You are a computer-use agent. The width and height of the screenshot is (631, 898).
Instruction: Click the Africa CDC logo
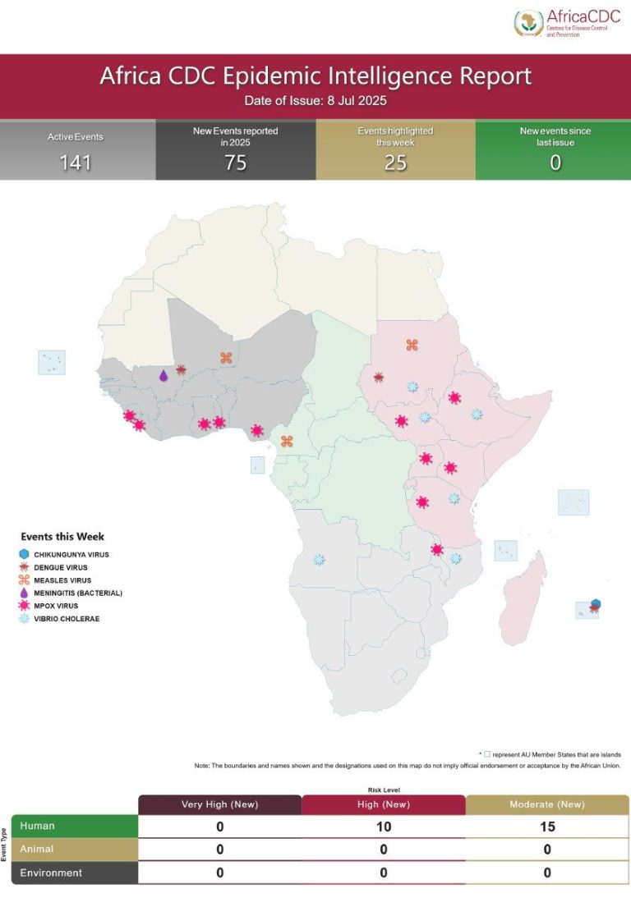(568, 23)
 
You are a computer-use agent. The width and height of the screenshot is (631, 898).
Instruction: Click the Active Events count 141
(76, 163)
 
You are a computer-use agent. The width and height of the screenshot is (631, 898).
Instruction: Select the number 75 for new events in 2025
(236, 163)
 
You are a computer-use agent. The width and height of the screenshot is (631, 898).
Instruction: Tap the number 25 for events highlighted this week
(395, 163)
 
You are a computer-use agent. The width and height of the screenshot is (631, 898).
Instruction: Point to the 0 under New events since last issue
(555, 163)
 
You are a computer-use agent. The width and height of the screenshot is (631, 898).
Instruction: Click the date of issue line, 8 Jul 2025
(315, 102)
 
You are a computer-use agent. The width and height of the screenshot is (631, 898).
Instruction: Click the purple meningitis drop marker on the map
(163, 375)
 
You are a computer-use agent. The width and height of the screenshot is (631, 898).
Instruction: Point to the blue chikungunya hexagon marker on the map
(595, 603)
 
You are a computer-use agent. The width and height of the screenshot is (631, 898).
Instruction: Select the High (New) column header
(384, 804)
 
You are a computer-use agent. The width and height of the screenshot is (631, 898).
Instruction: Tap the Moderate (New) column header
(547, 804)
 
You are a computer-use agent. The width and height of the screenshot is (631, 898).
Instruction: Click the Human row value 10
(384, 827)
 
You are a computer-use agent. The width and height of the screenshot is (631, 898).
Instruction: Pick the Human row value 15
(547, 827)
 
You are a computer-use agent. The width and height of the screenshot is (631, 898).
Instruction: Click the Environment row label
(51, 873)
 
